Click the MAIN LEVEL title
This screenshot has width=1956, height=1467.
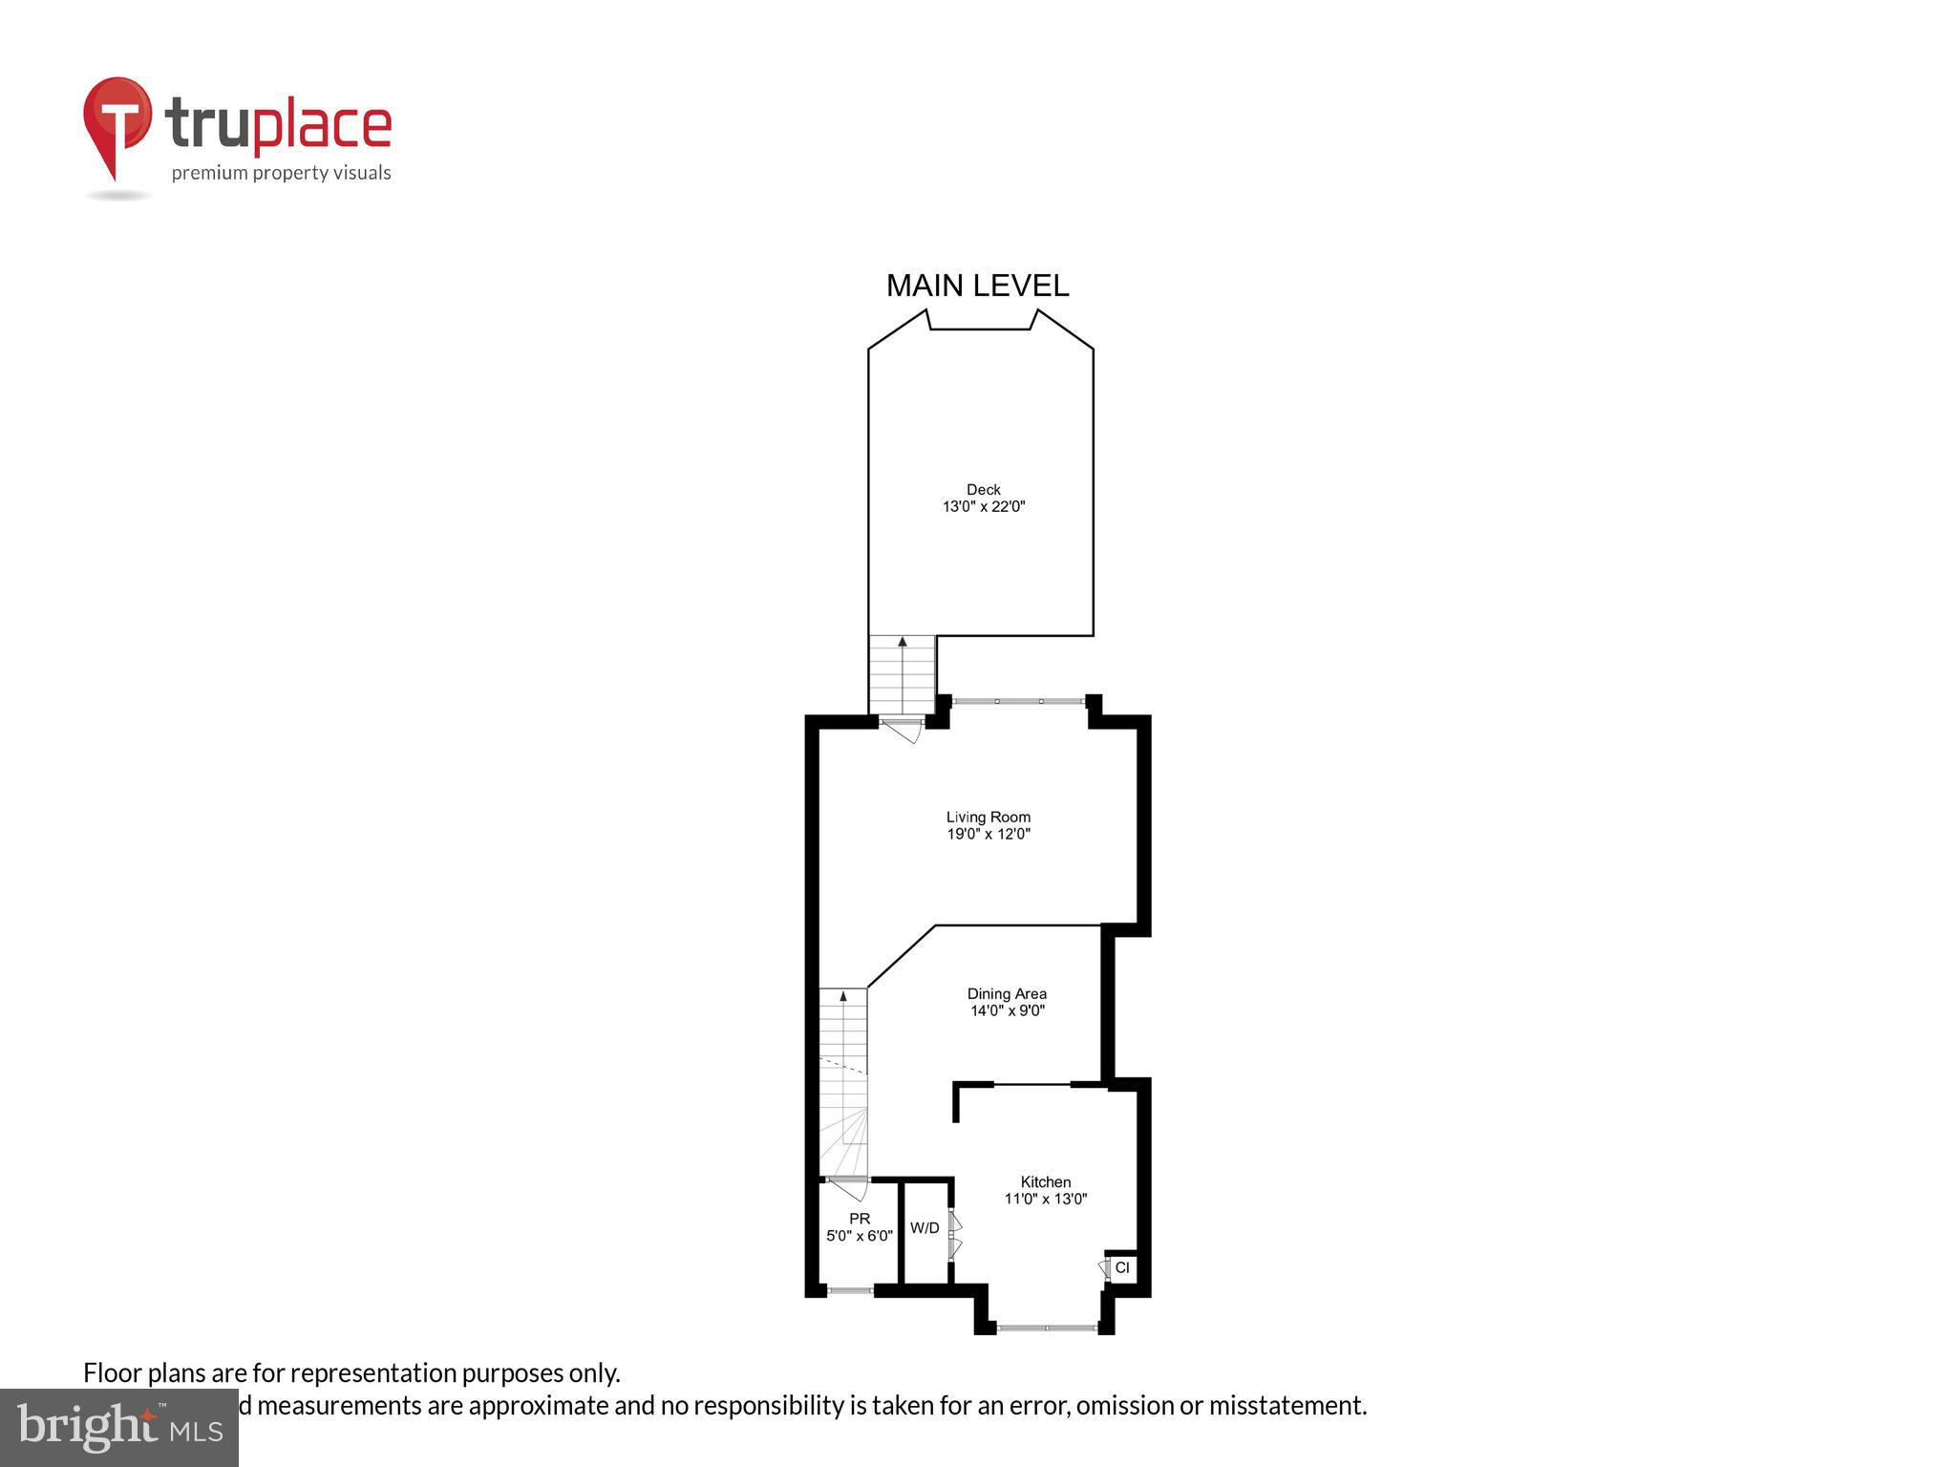[x=977, y=286]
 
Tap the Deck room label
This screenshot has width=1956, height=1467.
[x=983, y=490]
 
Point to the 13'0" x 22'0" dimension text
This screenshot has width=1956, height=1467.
[x=983, y=507]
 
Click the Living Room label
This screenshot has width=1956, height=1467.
[x=988, y=817]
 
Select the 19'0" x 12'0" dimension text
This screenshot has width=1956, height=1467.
[x=988, y=834]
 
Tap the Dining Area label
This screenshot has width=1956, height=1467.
[x=1007, y=993]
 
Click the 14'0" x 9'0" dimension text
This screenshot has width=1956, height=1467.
[x=1007, y=1010]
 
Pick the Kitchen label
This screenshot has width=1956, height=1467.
[x=1045, y=1181]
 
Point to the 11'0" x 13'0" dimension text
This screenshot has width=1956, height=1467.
[x=1045, y=1199]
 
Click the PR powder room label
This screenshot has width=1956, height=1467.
[x=860, y=1219]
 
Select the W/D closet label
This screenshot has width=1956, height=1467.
[x=924, y=1228]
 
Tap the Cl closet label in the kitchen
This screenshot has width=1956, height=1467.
[x=1122, y=1267]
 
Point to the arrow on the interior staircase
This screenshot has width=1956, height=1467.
[x=843, y=997]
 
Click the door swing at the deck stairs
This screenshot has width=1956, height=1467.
[x=902, y=731]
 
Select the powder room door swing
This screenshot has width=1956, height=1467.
[x=849, y=1190]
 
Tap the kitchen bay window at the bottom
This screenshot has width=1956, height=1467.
[x=1046, y=1328]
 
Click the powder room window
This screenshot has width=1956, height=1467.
[x=850, y=1290]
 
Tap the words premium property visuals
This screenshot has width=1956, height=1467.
[x=281, y=173]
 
